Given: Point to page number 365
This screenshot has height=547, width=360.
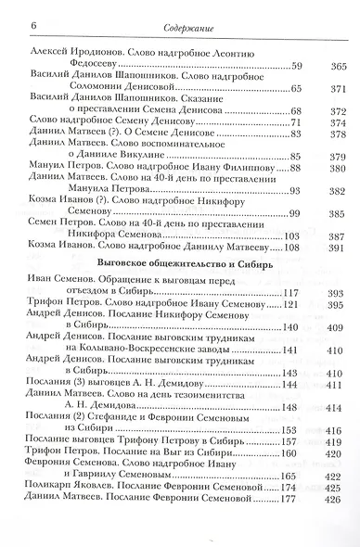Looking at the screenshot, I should pyautogui.click(x=337, y=65).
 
